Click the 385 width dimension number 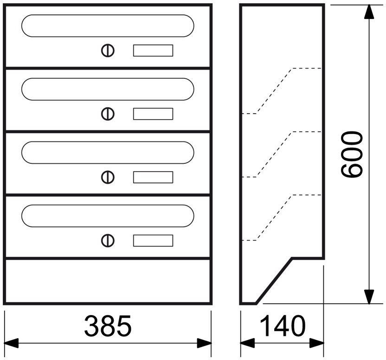(x=108, y=326)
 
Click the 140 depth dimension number (x=283, y=326)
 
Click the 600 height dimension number (x=352, y=154)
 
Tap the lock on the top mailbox (x=108, y=51)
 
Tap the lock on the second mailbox (x=108, y=114)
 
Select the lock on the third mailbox (x=108, y=177)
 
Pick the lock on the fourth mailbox (x=108, y=240)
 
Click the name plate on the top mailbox (x=153, y=51)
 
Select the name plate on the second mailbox (x=153, y=114)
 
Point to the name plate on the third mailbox (x=153, y=177)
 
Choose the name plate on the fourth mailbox (x=153, y=240)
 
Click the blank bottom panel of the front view (x=108, y=281)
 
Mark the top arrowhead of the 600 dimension (x=369, y=12)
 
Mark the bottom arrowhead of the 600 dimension (x=369, y=296)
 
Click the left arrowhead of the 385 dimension (x=11, y=343)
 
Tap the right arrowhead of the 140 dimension (x=316, y=343)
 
